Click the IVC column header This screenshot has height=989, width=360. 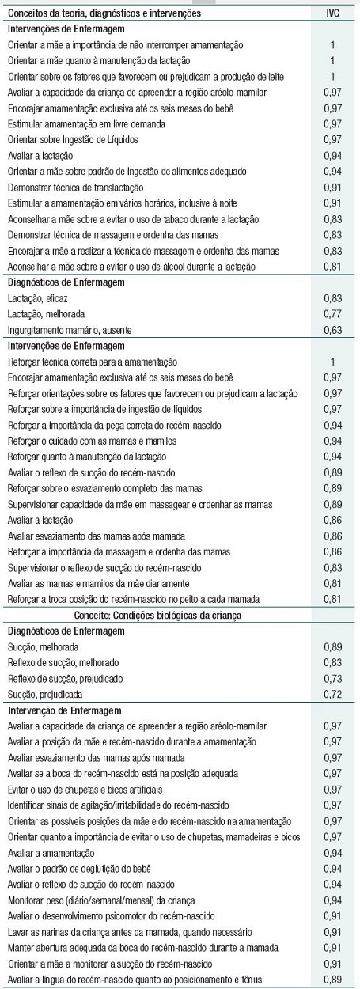click(x=333, y=13)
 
